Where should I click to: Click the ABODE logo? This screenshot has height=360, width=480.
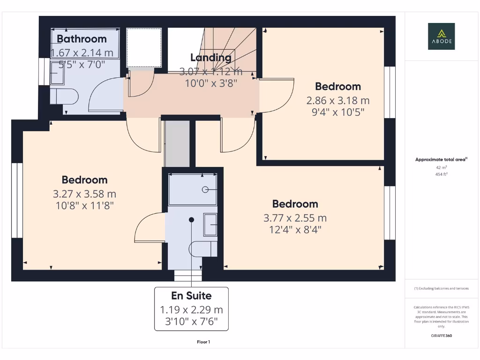pos(441,36)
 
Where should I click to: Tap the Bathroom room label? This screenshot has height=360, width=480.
pos(82,39)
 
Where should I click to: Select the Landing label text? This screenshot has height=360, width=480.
pos(210,58)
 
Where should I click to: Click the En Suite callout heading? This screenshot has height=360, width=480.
pos(191,296)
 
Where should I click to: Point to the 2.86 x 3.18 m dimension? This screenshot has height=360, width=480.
pos(337,100)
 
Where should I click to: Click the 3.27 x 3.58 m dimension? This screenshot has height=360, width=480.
pos(84,194)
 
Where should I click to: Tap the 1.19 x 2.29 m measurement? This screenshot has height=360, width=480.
pos(191,310)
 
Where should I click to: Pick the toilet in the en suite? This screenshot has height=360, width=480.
pos(202,249)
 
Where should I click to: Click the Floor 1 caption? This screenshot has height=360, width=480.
pos(203,342)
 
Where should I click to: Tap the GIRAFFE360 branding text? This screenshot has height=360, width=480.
pos(441,336)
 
